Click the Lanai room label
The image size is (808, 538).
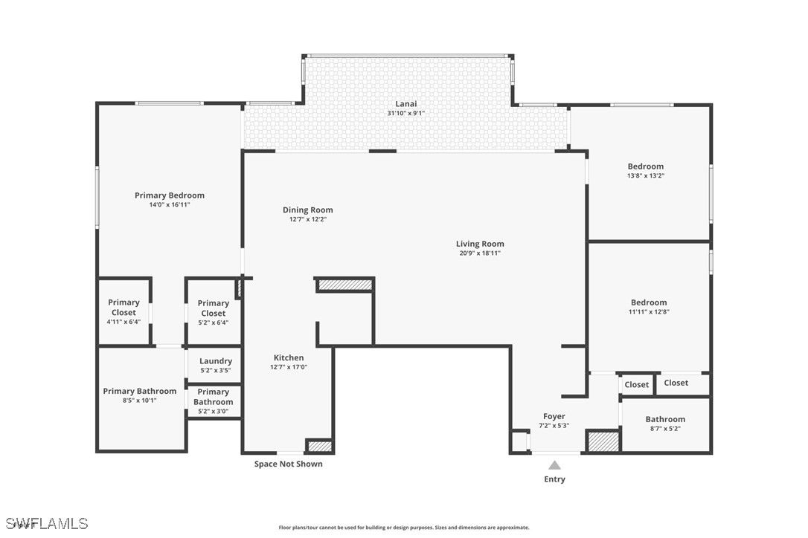point(406,104)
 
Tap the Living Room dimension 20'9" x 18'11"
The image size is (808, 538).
point(480,253)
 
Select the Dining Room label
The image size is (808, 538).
point(307,210)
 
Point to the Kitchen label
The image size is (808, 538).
point(289,358)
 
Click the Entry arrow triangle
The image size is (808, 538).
point(554,465)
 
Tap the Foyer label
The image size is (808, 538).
point(554,416)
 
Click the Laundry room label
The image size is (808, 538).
point(216,361)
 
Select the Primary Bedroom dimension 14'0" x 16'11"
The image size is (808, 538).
point(170,205)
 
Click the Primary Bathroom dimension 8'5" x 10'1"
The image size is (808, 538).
point(140,401)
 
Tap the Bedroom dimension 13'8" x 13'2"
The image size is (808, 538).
point(646,175)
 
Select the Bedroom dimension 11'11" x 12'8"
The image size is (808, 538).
point(649,311)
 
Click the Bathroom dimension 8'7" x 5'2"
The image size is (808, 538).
point(665,428)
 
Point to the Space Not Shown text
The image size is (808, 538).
point(289,464)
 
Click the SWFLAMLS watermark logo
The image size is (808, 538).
point(46,524)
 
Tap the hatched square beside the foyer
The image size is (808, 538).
point(603,442)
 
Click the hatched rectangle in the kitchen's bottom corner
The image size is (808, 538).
point(319,446)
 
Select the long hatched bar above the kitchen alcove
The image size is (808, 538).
point(344,285)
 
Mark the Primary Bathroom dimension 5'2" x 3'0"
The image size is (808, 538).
point(214,412)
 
